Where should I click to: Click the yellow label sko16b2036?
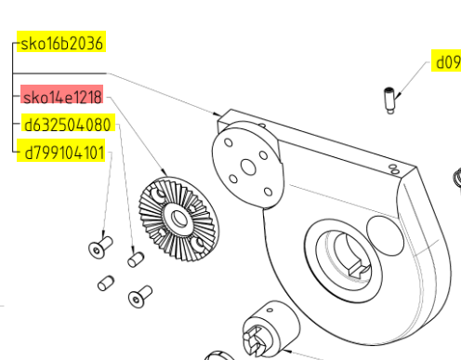(61, 42)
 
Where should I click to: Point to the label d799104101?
(61, 151)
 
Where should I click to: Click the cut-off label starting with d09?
(446, 60)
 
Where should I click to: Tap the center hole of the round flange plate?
(248, 167)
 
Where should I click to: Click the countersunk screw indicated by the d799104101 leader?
(100, 247)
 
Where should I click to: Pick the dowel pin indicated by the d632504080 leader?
(136, 260)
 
